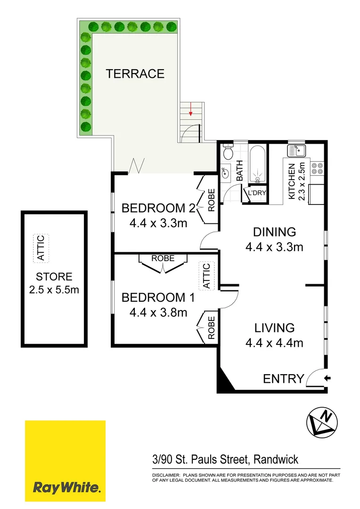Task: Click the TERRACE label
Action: (x=135, y=74)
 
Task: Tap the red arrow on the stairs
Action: (x=190, y=112)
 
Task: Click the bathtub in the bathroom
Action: (x=257, y=165)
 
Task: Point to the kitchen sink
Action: (x=297, y=151)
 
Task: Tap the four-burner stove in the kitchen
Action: (x=317, y=169)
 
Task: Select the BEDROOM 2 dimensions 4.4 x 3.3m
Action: (x=158, y=222)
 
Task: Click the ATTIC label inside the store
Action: (x=41, y=248)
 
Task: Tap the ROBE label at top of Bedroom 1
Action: (x=163, y=258)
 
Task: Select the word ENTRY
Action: (x=283, y=378)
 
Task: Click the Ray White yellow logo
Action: (x=65, y=461)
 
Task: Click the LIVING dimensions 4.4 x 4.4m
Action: (x=274, y=343)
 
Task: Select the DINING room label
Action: (x=274, y=232)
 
